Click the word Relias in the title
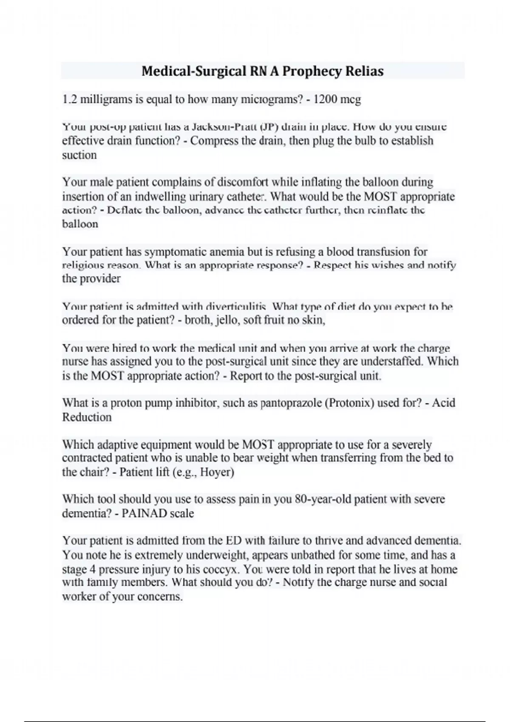tap(364, 71)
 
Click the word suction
tap(79, 155)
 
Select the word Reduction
tap(87, 417)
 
